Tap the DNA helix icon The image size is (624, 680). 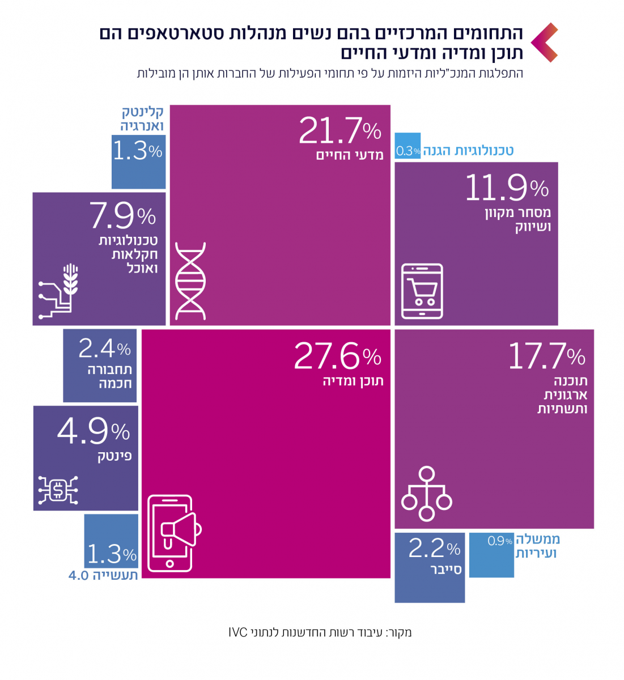(190, 280)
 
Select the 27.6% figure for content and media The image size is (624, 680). (338, 356)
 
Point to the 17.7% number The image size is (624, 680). (546, 356)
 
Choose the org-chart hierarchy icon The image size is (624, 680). (426, 494)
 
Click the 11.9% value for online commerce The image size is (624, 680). (507, 188)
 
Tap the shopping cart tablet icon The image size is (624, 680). (422, 291)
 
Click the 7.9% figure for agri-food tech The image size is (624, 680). (122, 216)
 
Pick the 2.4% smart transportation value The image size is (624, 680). (105, 348)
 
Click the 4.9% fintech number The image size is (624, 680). (94, 432)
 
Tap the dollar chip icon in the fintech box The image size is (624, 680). (58, 490)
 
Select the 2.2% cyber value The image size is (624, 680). (434, 549)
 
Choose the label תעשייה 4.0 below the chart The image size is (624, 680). (103, 576)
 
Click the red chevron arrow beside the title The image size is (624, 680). (545, 42)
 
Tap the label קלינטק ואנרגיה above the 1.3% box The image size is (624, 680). (142, 118)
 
